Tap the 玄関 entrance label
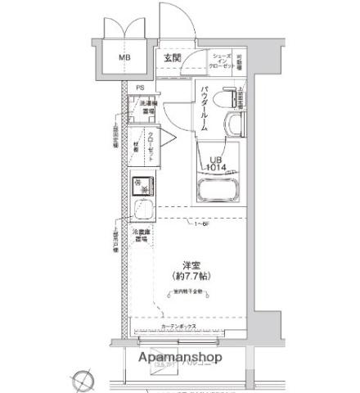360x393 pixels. pos(171,58)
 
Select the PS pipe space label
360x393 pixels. pos(140,88)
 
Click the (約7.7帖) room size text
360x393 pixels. pos(192,278)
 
